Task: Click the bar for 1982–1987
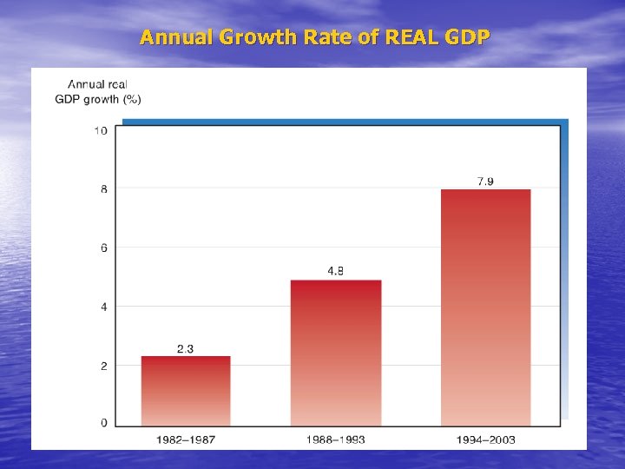pyautogui.click(x=186, y=391)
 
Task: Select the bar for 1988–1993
pyautogui.click(x=335, y=353)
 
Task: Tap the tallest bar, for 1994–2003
pyautogui.click(x=485, y=307)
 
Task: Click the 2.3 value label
pyautogui.click(x=185, y=349)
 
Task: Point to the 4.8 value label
pyautogui.click(x=335, y=271)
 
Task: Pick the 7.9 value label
pyautogui.click(x=485, y=181)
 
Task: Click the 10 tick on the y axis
pyautogui.click(x=101, y=130)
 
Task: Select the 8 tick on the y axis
pyautogui.click(x=104, y=189)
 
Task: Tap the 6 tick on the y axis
pyautogui.click(x=104, y=248)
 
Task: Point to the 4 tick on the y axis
pyautogui.click(x=104, y=307)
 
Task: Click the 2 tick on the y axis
pyautogui.click(x=104, y=366)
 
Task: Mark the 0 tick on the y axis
pyautogui.click(x=104, y=423)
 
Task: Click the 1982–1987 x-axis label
pyautogui.click(x=186, y=439)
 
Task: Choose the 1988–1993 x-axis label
pyautogui.click(x=335, y=439)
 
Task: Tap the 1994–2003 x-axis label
pyautogui.click(x=485, y=439)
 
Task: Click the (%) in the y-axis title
pyautogui.click(x=132, y=99)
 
